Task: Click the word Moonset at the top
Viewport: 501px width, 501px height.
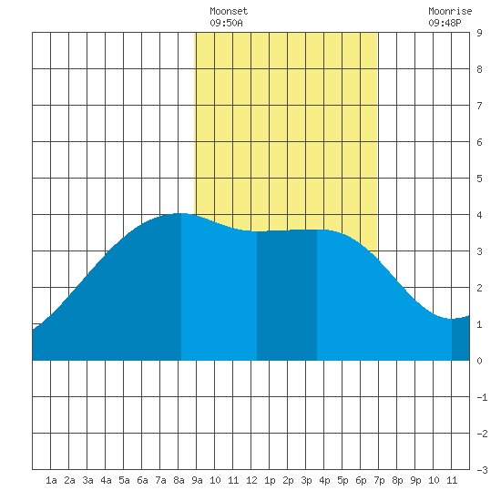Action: [x=229, y=11]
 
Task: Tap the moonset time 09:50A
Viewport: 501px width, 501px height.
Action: [x=226, y=23]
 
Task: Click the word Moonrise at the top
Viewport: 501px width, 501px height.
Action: [x=450, y=11]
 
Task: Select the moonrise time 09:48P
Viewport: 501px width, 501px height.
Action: [x=445, y=23]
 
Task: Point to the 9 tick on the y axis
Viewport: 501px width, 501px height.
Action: [x=479, y=33]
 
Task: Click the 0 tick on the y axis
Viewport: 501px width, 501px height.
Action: [x=479, y=361]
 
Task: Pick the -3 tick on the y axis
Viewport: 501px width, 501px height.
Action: [x=482, y=470]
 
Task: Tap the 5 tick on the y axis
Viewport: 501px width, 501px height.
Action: [x=479, y=179]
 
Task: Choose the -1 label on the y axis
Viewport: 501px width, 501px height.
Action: [x=482, y=397]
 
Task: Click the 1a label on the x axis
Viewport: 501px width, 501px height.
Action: [x=51, y=480]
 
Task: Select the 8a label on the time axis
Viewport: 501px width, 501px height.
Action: [x=179, y=480]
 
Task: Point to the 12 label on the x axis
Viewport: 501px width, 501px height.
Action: [x=251, y=480]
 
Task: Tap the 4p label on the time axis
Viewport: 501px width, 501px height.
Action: [x=324, y=480]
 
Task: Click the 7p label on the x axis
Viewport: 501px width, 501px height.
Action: [x=379, y=480]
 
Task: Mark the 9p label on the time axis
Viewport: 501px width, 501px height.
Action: [x=415, y=480]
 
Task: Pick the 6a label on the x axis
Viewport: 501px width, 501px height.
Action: [x=142, y=480]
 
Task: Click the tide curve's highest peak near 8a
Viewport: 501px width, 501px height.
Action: [x=181, y=213]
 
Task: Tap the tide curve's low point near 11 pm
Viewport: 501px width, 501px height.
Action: [x=452, y=319]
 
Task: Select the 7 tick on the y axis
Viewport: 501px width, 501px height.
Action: [x=479, y=106]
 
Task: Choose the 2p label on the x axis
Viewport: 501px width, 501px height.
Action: [x=288, y=480]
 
